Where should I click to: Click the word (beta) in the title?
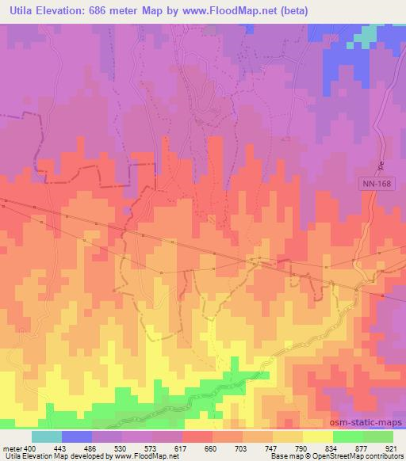288,10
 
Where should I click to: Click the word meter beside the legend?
12,448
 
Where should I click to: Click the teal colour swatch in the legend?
47,436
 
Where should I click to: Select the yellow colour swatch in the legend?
317,436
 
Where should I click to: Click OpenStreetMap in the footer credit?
336,457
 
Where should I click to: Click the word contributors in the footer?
385,457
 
